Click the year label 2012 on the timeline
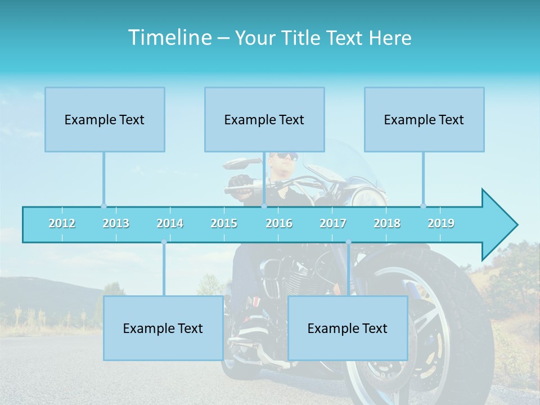(x=62, y=223)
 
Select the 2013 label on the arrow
(x=116, y=223)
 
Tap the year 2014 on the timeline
(x=170, y=223)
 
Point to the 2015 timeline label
(x=224, y=223)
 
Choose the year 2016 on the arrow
(x=279, y=223)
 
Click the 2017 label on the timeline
(x=333, y=223)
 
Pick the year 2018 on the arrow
(x=387, y=223)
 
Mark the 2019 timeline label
(x=441, y=223)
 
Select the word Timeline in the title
(x=169, y=38)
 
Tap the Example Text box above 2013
(x=105, y=119)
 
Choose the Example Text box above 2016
(x=264, y=119)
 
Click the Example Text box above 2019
(x=424, y=119)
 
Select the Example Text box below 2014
(x=163, y=328)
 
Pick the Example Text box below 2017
(x=348, y=328)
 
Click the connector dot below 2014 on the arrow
(x=164, y=242)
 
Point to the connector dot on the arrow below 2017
(x=348, y=242)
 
